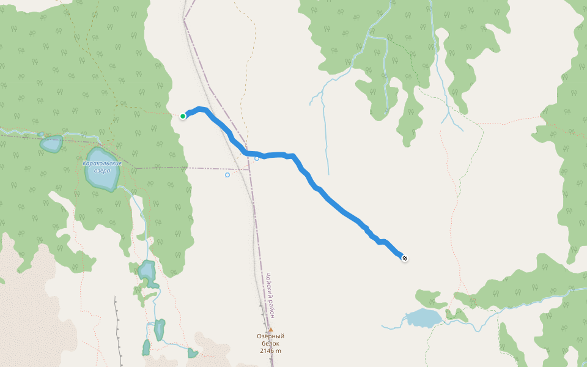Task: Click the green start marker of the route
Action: (183, 116)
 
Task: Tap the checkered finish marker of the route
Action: (405, 258)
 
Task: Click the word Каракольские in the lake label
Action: (102, 163)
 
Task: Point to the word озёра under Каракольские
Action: (103, 171)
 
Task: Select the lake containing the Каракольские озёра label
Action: (102, 177)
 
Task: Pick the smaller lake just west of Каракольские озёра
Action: (51, 144)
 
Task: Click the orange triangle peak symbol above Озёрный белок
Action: (270, 329)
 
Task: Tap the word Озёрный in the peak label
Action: (270, 336)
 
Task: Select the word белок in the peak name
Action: (270, 343)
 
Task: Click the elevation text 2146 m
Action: (270, 350)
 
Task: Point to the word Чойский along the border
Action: (268, 286)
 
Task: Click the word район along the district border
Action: (273, 310)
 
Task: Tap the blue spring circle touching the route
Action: (257, 158)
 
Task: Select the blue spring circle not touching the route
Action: (227, 175)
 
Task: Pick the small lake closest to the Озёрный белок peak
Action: (193, 353)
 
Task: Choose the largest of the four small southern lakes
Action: (147, 270)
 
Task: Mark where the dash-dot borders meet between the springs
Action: (248, 169)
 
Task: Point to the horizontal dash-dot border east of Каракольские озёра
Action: (183, 168)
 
